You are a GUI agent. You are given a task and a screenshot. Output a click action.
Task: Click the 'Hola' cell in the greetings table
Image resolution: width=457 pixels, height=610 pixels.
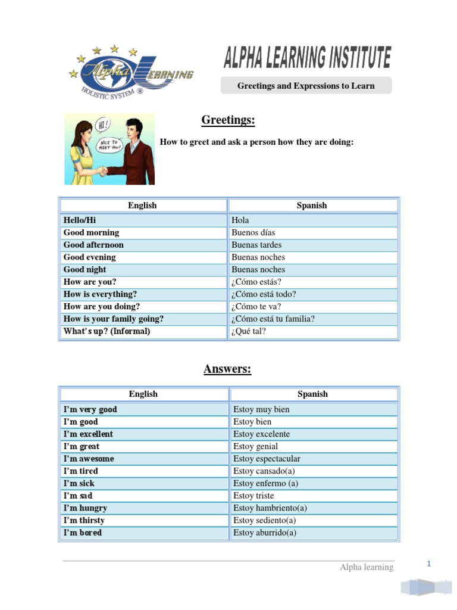click(240, 220)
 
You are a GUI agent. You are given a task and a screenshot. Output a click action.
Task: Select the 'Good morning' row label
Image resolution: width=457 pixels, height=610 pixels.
click(91, 233)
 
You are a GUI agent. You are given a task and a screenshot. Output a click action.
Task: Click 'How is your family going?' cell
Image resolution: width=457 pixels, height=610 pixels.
click(113, 319)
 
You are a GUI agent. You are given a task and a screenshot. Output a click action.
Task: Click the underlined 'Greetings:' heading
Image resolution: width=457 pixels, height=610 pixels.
click(228, 120)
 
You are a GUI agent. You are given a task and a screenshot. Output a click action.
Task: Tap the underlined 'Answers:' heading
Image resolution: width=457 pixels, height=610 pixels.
click(227, 369)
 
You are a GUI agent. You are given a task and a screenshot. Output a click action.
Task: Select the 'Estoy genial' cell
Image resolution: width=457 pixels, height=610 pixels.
click(256, 447)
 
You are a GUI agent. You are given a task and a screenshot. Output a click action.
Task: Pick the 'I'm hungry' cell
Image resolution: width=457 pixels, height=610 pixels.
click(85, 508)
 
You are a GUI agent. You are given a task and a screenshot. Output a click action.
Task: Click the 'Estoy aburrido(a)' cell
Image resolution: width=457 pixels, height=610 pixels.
click(265, 533)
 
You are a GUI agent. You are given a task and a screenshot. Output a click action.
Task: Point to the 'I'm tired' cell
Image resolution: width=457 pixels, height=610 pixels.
click(81, 471)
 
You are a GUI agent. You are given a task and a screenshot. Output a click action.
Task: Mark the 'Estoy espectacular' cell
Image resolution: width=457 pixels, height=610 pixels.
click(267, 459)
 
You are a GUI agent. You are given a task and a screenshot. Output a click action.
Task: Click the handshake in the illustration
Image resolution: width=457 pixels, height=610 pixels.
click(102, 172)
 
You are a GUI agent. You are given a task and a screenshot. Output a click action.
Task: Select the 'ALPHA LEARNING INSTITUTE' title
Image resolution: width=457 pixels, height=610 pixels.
click(307, 58)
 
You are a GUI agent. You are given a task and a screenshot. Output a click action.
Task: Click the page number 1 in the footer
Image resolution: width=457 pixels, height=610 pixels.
click(428, 564)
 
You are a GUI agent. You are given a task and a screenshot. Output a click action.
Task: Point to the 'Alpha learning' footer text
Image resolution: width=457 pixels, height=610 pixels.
click(367, 567)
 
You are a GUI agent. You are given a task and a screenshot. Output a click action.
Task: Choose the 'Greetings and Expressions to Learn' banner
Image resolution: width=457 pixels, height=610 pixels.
click(306, 86)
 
